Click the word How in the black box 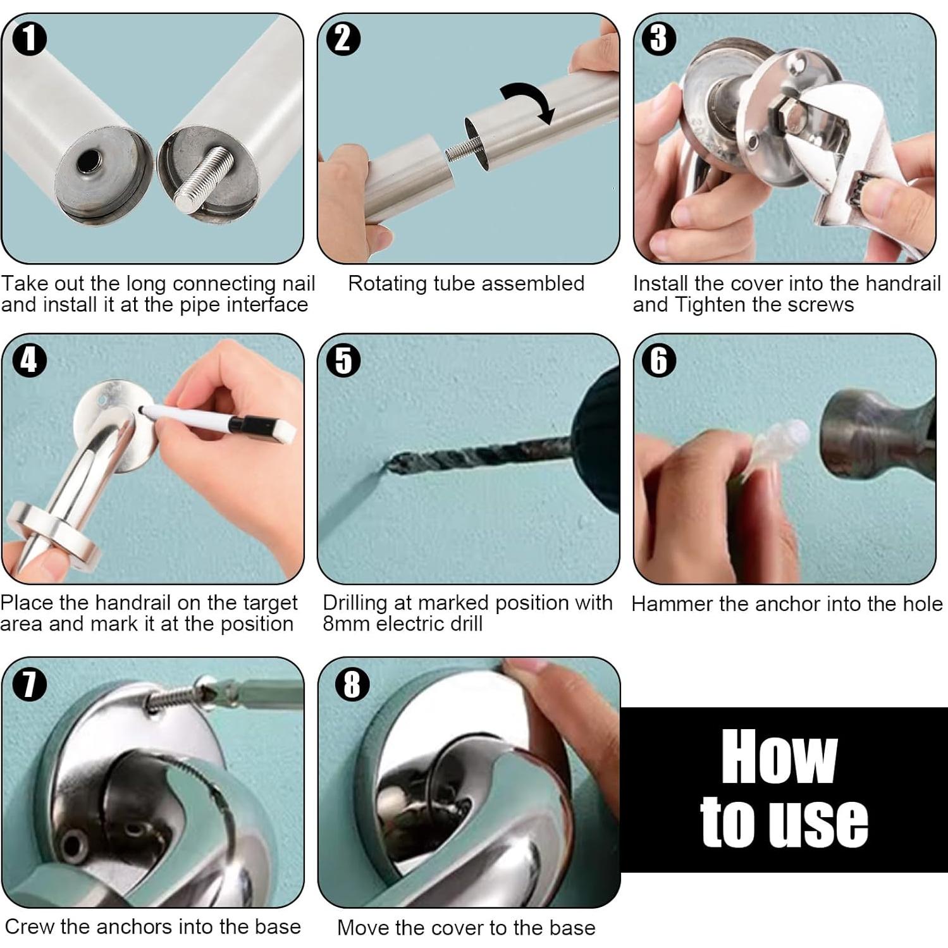tap(779, 756)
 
